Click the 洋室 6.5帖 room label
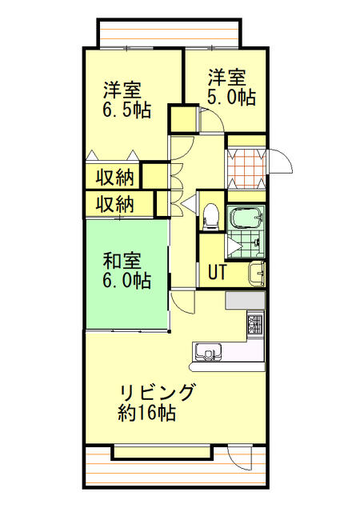tap(126, 99)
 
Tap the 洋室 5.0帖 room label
tap(232, 88)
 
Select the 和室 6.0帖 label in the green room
tap(126, 270)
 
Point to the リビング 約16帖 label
tap(156, 402)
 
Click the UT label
tap(217, 272)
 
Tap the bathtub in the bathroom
tap(246, 218)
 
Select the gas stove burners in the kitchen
tap(255, 325)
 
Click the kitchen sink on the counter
tap(207, 350)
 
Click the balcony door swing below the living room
tap(238, 458)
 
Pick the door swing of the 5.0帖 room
tap(210, 120)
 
